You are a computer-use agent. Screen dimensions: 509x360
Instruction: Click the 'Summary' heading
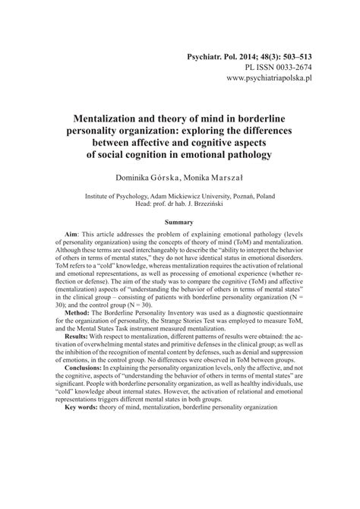180,222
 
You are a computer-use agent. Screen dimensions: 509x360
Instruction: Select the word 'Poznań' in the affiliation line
259,195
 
